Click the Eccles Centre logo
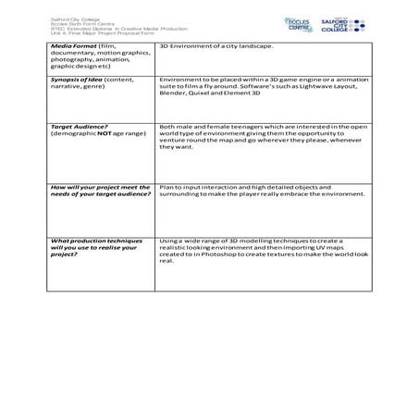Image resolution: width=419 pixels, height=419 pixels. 298,23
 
